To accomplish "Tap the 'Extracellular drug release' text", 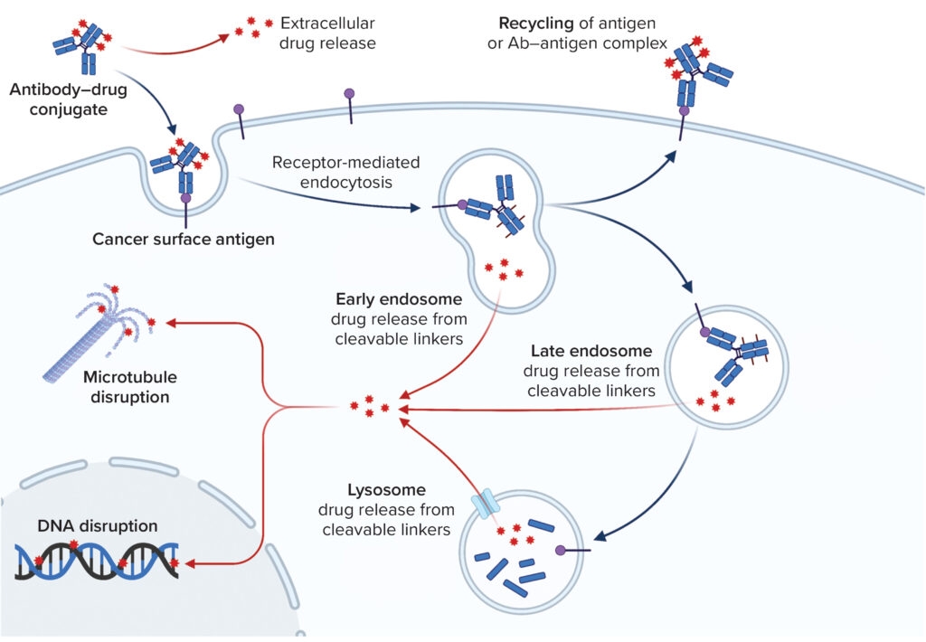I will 327,32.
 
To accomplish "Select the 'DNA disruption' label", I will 98,525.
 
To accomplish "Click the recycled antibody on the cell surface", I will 696,77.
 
